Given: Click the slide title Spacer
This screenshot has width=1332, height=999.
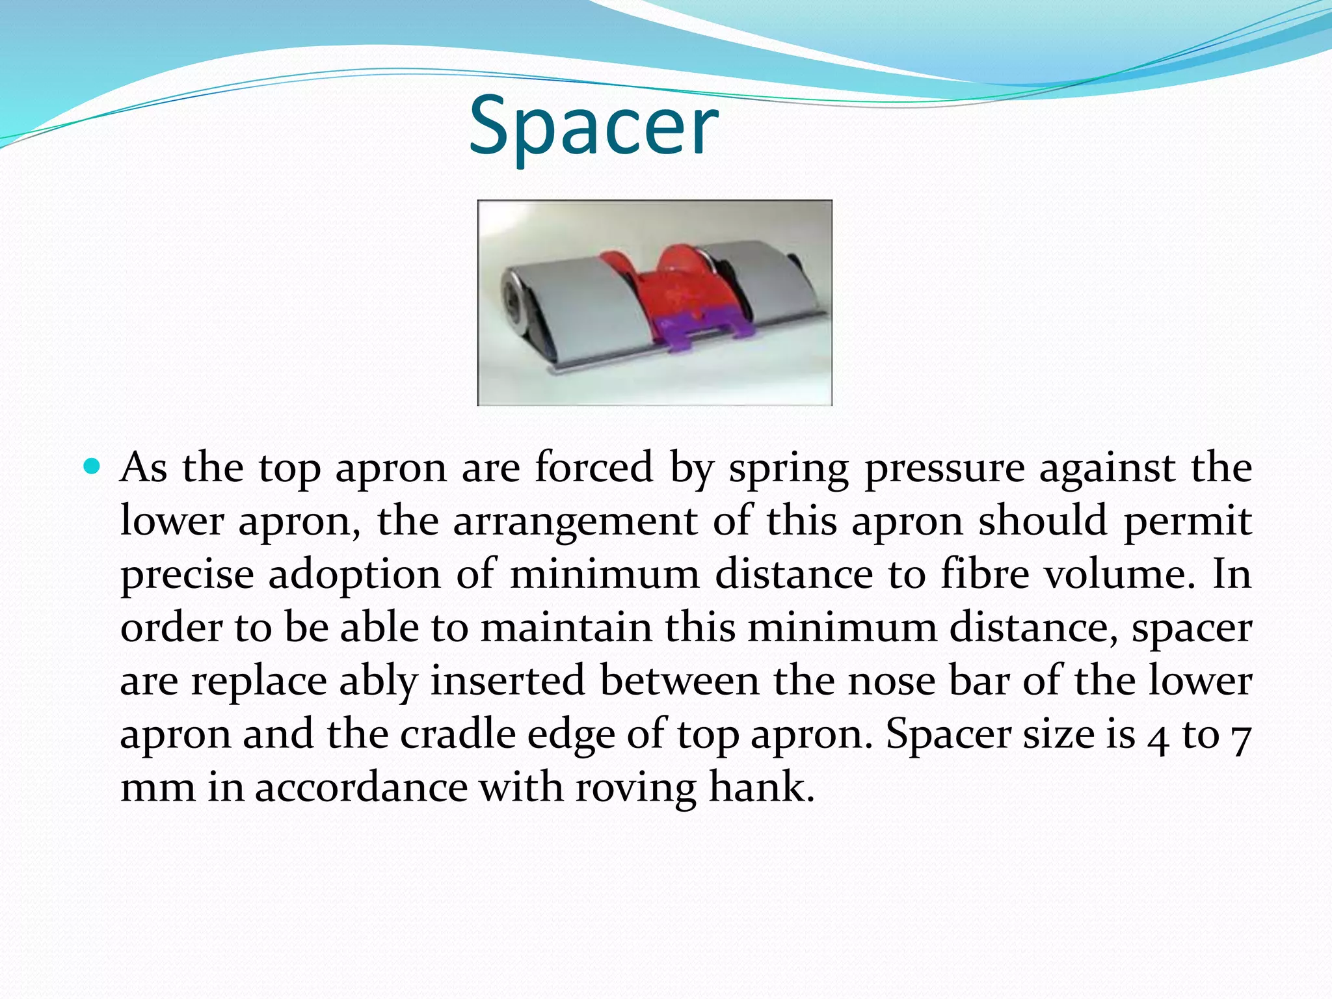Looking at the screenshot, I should click(593, 127).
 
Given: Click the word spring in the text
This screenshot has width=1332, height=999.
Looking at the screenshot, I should click(788, 469).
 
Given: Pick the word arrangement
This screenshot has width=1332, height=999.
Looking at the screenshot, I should click(575, 522).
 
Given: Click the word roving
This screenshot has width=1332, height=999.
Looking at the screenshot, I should click(635, 788).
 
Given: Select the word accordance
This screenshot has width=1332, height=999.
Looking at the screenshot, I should click(361, 788).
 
